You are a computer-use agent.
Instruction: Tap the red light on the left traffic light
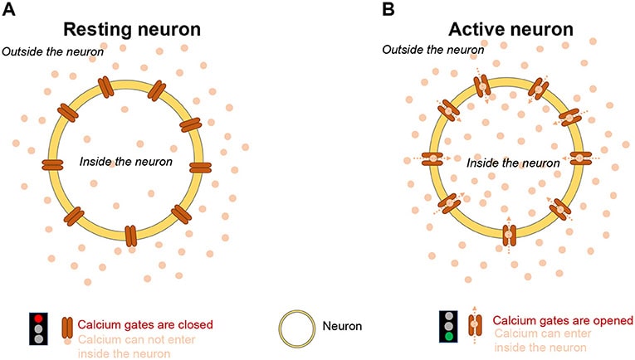point(38,318)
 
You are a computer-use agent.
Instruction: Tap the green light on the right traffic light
point(448,337)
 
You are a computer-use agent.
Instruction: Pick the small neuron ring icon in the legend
point(296,327)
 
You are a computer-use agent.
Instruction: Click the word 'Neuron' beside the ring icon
point(342,326)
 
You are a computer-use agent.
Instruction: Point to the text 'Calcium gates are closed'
point(146,324)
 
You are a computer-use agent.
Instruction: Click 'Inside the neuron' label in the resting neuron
point(125,160)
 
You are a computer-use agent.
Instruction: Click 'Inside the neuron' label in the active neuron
point(513,163)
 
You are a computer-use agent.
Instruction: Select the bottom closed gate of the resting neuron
point(130,236)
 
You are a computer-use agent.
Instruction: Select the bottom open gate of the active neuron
point(509,236)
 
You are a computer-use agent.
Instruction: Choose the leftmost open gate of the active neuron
point(434,158)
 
